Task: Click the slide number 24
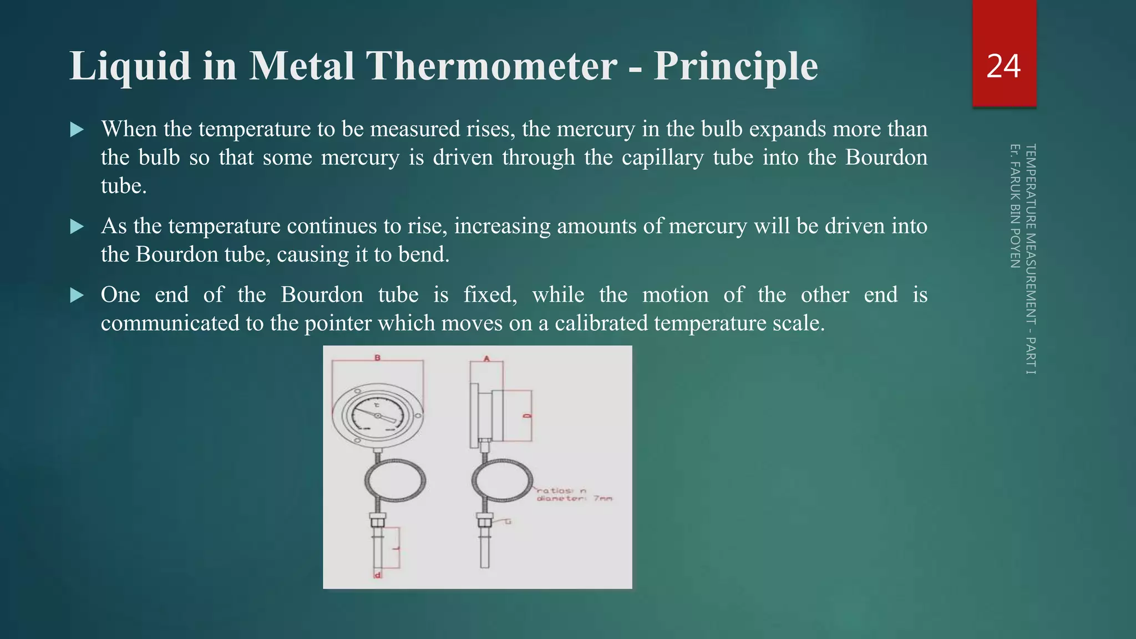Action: click(x=1003, y=67)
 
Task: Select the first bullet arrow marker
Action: click(x=77, y=130)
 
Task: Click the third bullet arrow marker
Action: click(x=77, y=296)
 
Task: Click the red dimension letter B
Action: click(x=378, y=358)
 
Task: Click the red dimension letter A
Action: click(x=486, y=359)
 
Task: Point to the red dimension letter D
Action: click(x=528, y=415)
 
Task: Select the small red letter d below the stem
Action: click(x=378, y=575)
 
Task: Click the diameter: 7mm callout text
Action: click(x=574, y=499)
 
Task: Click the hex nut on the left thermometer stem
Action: click(x=377, y=522)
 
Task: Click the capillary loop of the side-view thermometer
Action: click(x=502, y=481)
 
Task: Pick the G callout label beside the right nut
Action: click(x=508, y=521)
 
